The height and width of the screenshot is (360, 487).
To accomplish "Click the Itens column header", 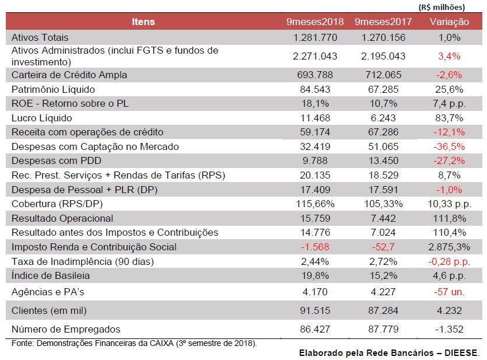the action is tap(143, 22).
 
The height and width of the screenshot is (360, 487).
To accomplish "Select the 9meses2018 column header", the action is tap(315, 22).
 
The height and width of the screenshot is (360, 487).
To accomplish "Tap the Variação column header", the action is tap(449, 22).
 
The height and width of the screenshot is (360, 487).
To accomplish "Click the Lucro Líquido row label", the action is tap(41, 118).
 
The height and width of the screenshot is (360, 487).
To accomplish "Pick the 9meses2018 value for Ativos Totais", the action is tap(315, 37).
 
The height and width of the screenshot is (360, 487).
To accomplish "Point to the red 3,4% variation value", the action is tap(449, 56).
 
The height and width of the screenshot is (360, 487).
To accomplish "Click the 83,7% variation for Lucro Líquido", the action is tap(449, 118).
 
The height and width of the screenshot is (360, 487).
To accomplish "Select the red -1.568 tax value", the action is tap(315, 247).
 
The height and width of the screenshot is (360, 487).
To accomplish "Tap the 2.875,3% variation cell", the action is tap(449, 247).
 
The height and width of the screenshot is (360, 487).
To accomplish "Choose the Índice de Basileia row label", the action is tap(51, 275).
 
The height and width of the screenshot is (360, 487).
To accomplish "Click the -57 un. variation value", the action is tap(449, 292).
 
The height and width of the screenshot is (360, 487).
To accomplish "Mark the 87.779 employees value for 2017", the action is tap(383, 329).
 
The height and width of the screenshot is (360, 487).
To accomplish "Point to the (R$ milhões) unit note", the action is tap(442, 7).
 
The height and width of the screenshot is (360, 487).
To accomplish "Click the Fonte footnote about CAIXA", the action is tap(134, 344).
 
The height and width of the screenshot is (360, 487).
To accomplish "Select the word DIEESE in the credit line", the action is tap(462, 353).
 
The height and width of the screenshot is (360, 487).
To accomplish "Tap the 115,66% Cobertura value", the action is tap(315, 204).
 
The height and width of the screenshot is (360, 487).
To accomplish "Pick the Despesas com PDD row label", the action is tap(57, 161).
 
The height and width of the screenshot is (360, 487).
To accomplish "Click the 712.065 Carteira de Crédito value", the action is tap(383, 75).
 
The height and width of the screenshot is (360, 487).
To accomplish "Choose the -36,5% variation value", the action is tap(449, 146).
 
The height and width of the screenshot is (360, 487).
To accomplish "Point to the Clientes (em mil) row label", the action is tap(49, 310).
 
